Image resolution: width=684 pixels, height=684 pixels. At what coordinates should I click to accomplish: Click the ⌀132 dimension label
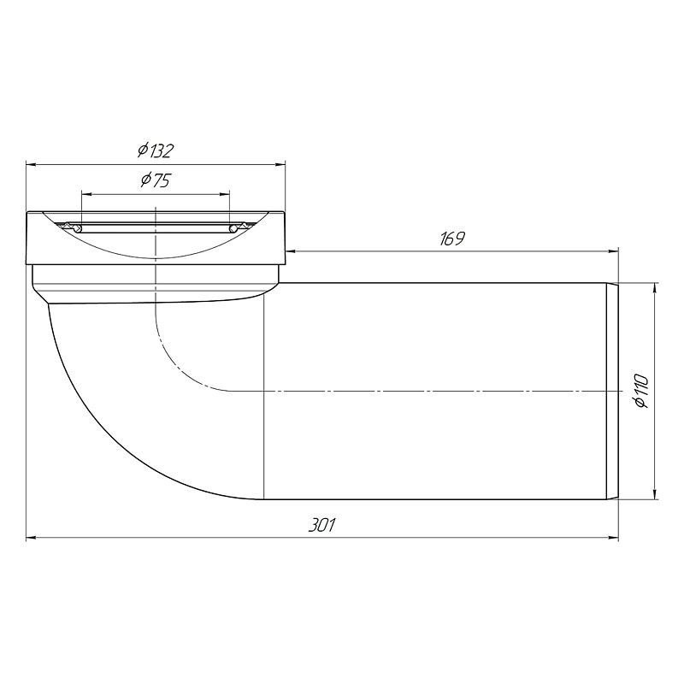tap(156, 150)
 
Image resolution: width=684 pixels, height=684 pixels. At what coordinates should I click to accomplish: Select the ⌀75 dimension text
tap(156, 180)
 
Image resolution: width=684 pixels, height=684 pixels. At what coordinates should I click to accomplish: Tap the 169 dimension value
tap(452, 239)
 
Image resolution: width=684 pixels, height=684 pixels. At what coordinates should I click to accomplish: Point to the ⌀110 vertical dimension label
tap(642, 391)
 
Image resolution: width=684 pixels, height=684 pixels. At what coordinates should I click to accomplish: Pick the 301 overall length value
tap(322, 525)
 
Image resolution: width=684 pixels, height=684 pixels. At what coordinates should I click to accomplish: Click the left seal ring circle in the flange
tap(78, 228)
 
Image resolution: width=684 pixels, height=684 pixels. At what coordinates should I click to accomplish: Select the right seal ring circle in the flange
tap(233, 228)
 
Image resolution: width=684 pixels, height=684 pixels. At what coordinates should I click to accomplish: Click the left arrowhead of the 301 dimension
tap(31, 538)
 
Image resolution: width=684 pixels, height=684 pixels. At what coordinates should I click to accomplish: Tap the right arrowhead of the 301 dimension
tap(614, 538)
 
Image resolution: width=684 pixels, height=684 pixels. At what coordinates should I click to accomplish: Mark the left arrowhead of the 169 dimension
tap(290, 251)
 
